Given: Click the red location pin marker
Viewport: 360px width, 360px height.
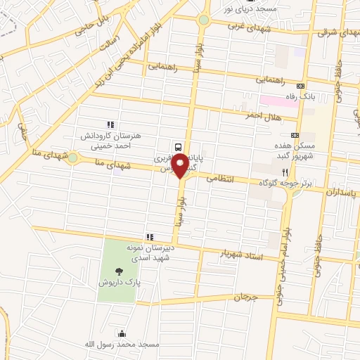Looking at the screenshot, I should [180, 166].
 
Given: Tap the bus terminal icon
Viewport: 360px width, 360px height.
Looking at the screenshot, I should [178, 147].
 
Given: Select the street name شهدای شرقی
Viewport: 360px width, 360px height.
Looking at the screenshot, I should [337, 32].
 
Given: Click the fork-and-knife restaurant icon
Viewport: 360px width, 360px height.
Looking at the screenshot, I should [285, 172].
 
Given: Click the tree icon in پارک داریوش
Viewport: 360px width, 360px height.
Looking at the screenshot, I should [117, 270].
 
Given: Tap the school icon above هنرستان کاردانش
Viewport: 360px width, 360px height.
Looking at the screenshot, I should [110, 124].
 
